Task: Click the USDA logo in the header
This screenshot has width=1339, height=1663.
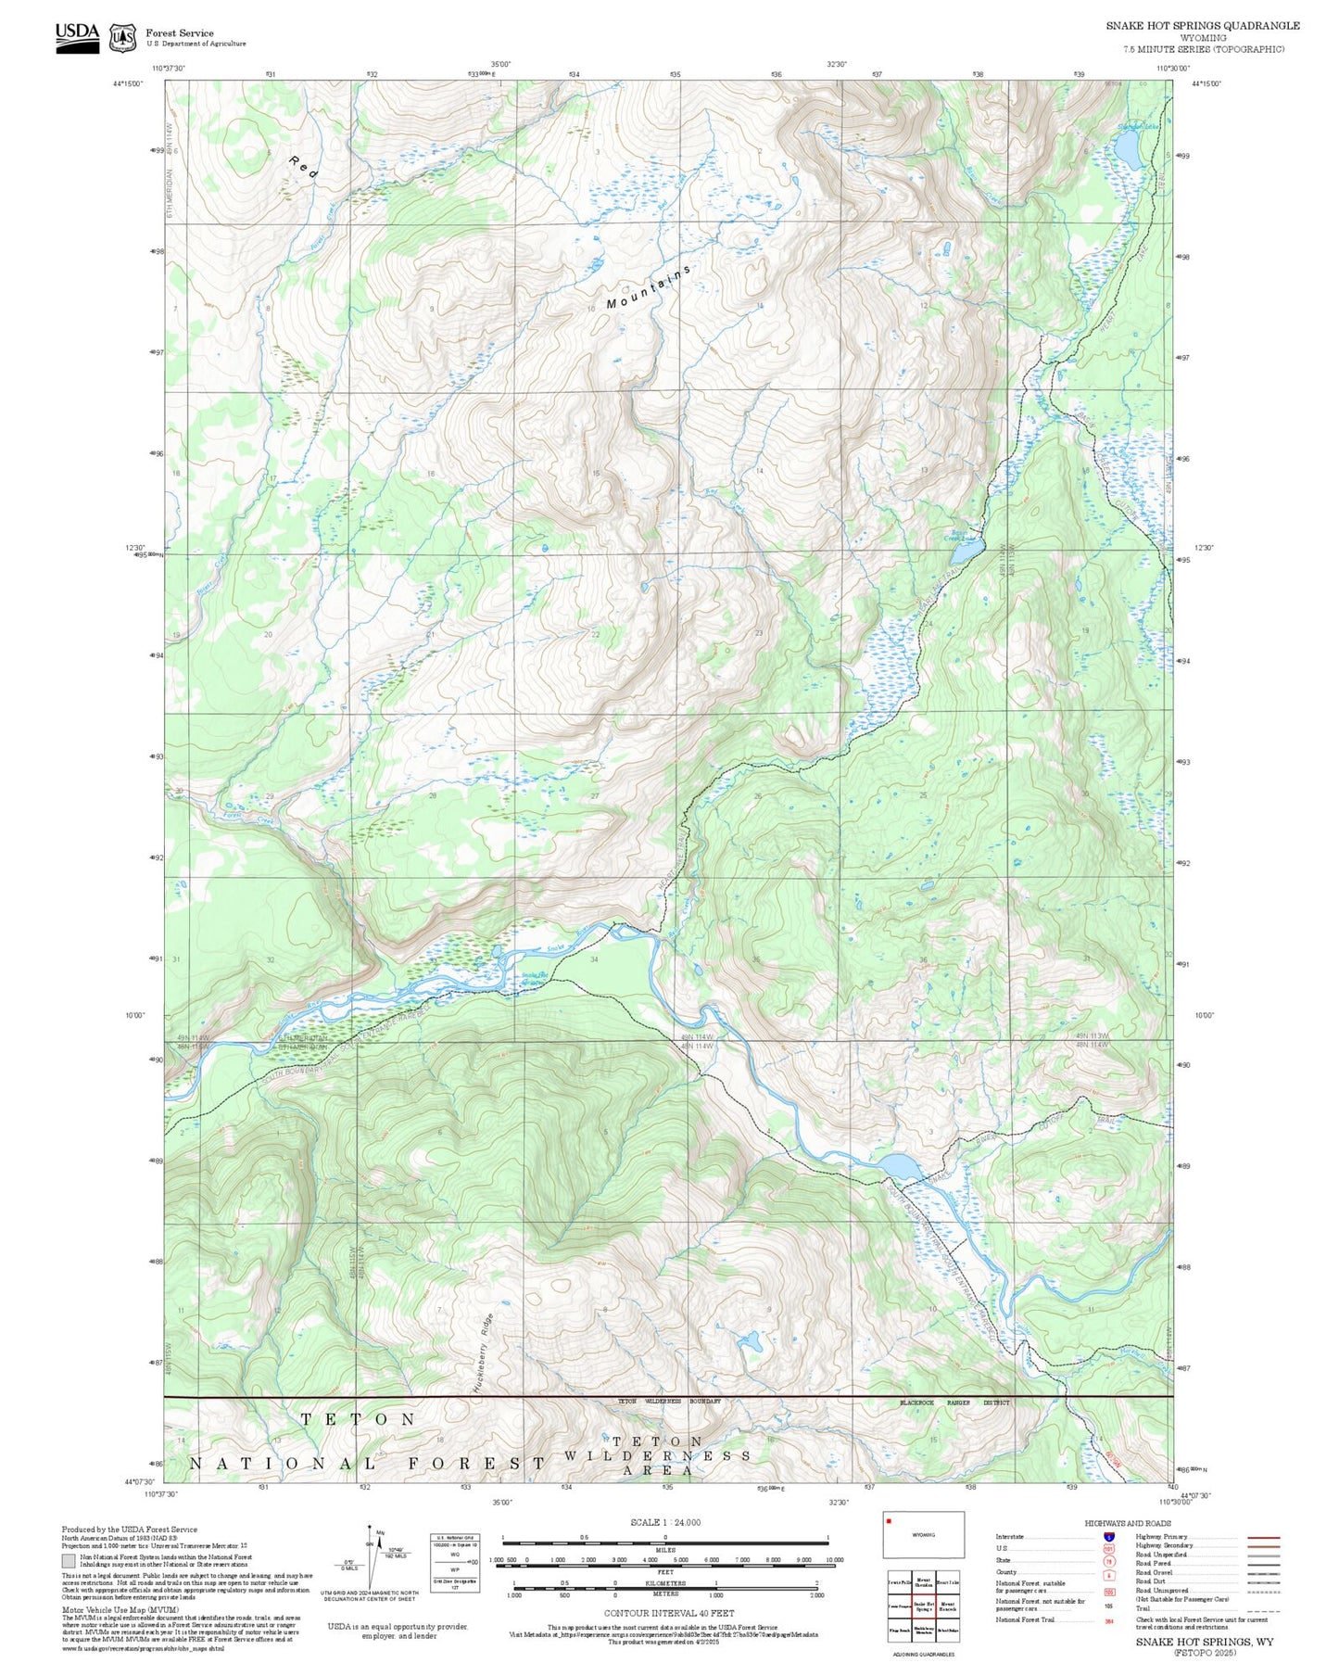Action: click(x=77, y=37)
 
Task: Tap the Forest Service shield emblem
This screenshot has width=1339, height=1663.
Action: click(x=122, y=38)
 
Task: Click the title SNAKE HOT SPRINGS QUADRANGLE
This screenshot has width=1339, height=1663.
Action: click(x=1202, y=26)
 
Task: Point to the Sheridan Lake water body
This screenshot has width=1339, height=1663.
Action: click(x=1127, y=146)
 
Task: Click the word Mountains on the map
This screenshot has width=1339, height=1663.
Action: click(x=649, y=287)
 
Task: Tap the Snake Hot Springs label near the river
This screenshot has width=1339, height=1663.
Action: click(x=534, y=978)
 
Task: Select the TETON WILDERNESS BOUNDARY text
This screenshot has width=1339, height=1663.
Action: click(x=669, y=1402)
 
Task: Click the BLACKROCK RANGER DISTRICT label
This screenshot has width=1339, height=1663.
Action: click(x=954, y=1403)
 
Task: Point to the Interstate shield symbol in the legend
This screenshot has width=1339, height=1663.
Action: click(x=1108, y=1537)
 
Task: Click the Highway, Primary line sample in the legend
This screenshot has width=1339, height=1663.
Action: click(x=1264, y=1537)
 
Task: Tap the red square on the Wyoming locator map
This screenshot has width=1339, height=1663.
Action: click(x=889, y=1520)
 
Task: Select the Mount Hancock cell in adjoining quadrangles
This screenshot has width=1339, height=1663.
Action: click(x=948, y=1606)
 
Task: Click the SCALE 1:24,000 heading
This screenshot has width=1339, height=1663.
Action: click(x=664, y=1522)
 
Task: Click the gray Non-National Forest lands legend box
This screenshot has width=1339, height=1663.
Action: click(x=68, y=1561)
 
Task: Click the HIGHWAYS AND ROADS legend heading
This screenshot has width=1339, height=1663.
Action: click(x=1127, y=1523)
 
